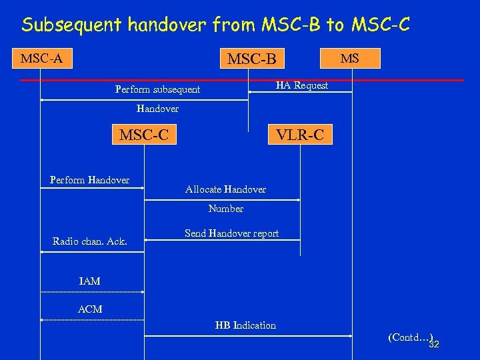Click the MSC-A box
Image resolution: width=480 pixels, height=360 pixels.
coord(41,59)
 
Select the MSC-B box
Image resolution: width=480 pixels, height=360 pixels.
coord(251,59)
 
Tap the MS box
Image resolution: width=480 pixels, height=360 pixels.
coord(349,58)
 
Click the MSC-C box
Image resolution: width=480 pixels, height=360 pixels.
coord(143,135)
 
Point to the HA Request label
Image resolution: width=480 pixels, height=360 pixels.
coord(302,85)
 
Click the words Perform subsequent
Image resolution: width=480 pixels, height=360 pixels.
coord(157,89)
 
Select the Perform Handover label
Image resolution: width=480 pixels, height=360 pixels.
coord(89,179)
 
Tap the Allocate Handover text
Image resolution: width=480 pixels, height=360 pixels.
coord(225,189)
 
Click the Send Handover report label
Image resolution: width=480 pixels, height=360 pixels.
coord(231,233)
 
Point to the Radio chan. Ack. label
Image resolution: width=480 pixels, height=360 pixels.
coord(89,241)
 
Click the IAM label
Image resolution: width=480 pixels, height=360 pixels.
coord(89,281)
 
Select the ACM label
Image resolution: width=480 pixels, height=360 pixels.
coord(90,309)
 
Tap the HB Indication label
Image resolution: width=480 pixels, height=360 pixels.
coord(245,325)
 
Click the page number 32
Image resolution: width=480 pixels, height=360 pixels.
coord(434,345)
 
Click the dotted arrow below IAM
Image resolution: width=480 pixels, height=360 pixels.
coord(92,292)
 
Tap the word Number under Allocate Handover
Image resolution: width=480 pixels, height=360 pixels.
coord(225,209)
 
